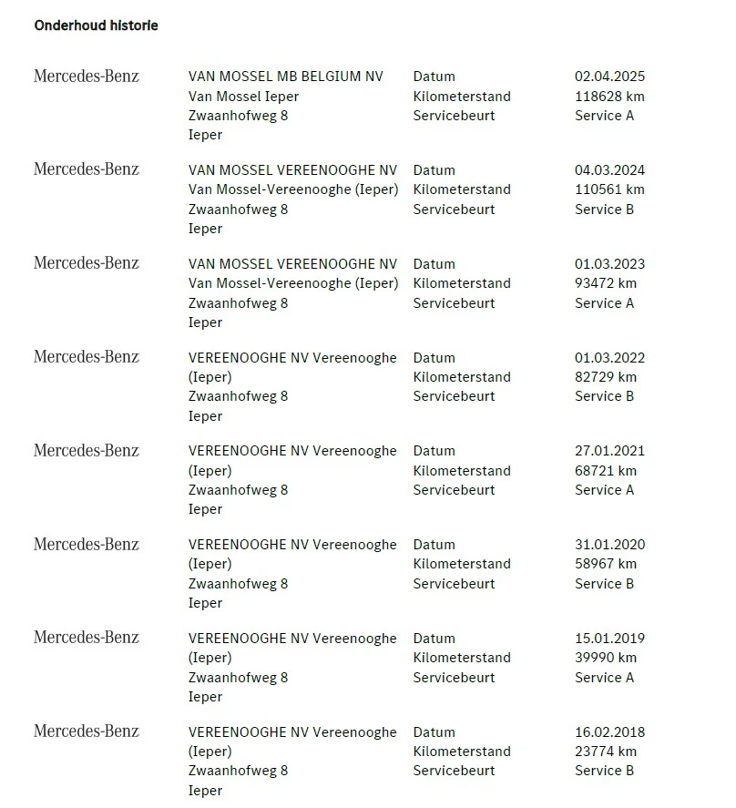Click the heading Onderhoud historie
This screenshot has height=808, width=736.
(x=96, y=26)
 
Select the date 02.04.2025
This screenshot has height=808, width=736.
(x=609, y=77)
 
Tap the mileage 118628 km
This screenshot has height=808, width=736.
(x=609, y=96)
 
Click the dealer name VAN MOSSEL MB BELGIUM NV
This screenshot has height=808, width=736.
(x=286, y=77)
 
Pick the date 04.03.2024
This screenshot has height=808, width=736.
(x=609, y=170)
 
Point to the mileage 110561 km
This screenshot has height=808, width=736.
(x=609, y=189)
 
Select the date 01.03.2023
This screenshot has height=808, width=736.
(x=609, y=264)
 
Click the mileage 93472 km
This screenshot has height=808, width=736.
(x=606, y=283)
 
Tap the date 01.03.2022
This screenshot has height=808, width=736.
(x=609, y=358)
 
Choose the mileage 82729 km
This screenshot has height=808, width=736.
(x=606, y=377)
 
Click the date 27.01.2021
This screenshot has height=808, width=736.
(x=609, y=451)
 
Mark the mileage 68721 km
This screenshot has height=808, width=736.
(x=606, y=471)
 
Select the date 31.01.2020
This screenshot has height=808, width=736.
(x=609, y=545)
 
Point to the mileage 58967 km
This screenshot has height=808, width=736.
(x=606, y=564)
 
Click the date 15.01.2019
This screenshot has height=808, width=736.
(x=609, y=639)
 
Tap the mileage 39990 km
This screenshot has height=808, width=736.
(x=606, y=658)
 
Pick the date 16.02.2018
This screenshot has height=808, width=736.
(x=609, y=732)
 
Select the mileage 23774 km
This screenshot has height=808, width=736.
(x=606, y=752)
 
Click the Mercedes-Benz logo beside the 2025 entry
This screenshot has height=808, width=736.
(x=87, y=77)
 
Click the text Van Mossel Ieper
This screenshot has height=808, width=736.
(x=243, y=97)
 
